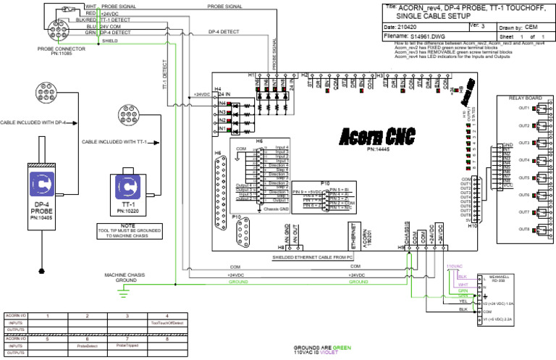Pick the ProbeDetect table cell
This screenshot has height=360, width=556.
87,346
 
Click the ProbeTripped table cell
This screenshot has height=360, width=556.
127,346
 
